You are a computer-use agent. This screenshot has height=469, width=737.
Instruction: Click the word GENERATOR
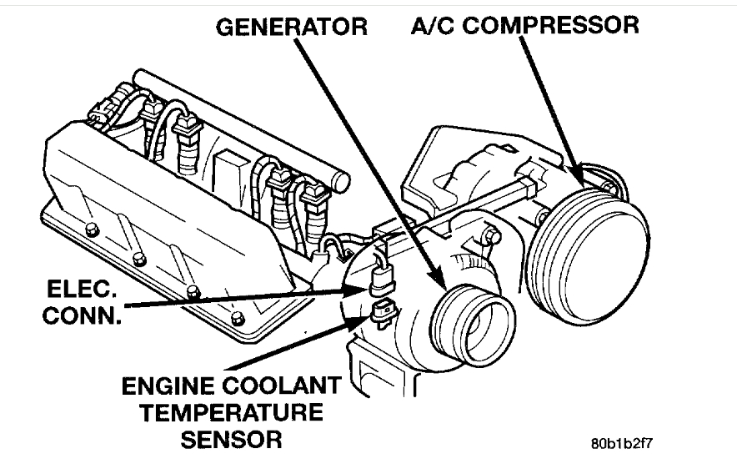coord(291,27)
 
